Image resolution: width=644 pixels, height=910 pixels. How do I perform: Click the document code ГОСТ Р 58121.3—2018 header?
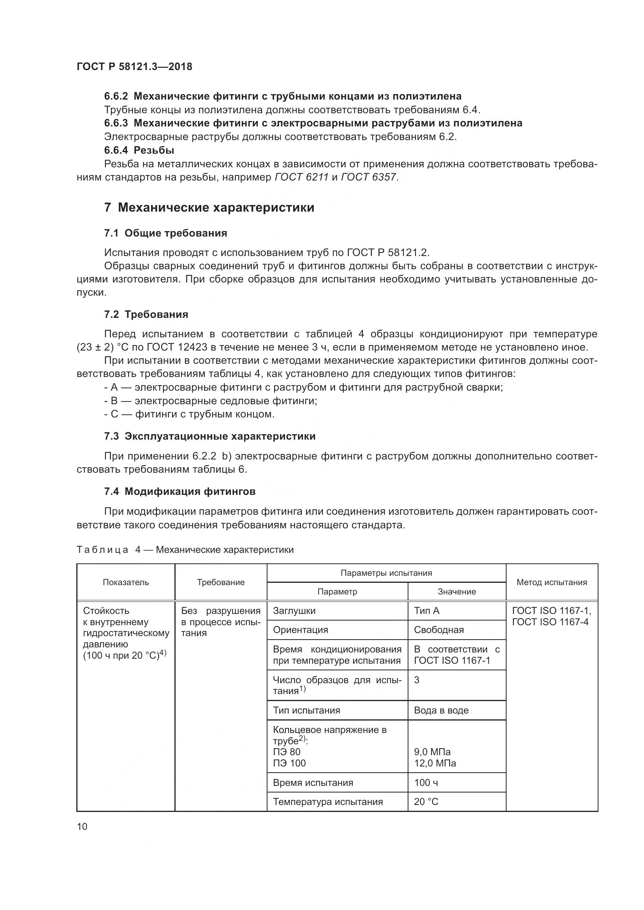(134, 67)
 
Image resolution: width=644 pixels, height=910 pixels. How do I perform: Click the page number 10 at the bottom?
(82, 826)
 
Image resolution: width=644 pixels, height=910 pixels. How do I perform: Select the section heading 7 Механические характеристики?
(209, 208)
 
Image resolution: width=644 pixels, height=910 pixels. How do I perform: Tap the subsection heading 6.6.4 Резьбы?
(139, 150)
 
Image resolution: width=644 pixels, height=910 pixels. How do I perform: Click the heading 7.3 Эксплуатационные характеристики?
(210, 437)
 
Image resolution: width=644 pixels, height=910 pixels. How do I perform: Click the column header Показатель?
(126, 582)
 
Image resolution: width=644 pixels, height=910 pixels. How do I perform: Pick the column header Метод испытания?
(552, 582)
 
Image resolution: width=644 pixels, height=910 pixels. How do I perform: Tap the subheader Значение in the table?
(456, 592)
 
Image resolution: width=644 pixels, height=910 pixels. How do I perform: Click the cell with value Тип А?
(427, 611)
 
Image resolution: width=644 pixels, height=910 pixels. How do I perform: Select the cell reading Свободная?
(438, 630)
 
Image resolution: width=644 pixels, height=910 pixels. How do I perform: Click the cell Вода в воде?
(441, 710)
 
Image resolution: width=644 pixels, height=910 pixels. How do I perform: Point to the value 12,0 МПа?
(435, 763)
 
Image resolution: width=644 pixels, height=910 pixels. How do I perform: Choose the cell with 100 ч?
(426, 782)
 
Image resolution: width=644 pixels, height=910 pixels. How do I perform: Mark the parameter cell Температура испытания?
(327, 802)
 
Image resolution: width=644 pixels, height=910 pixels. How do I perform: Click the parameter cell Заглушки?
(294, 611)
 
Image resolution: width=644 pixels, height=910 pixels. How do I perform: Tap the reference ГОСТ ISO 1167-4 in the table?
(550, 622)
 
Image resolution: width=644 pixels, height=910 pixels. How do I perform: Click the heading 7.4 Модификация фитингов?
(179, 491)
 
